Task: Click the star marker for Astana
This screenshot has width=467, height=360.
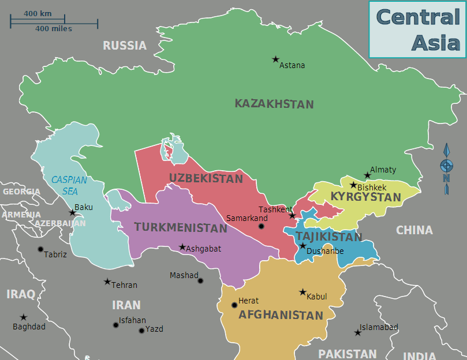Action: pos(275,59)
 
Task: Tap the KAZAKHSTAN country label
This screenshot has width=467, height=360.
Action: pos(274,104)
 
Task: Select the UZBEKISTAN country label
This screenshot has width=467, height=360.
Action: pos(206,179)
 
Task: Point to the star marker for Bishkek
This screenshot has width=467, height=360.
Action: pos(353,185)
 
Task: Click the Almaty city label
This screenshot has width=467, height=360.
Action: pos(383,170)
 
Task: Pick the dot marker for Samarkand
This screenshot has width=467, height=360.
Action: pos(261,226)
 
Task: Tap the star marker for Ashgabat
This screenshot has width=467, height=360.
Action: pos(182,247)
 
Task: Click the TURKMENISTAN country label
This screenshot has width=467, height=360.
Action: pos(181,228)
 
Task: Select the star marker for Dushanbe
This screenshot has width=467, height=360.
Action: pos(302,246)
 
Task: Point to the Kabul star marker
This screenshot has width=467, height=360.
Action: pos(302,292)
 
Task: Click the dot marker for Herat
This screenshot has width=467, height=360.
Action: pos(234,305)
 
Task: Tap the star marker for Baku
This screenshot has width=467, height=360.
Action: pos(73,213)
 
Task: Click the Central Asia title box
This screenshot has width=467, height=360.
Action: pos(417,29)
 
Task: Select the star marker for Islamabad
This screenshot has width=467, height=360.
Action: pos(357,332)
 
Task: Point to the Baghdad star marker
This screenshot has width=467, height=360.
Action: pos(24,317)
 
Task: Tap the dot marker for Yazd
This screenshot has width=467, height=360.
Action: pos(141,331)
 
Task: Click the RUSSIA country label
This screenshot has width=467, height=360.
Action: pos(125,46)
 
